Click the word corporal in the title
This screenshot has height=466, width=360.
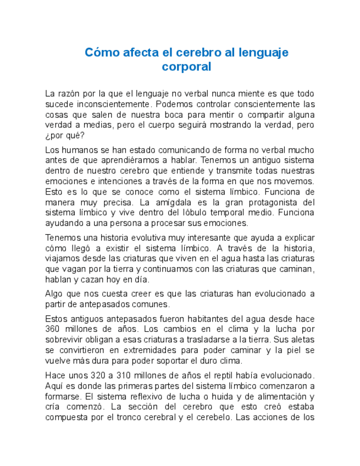click(x=186, y=67)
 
